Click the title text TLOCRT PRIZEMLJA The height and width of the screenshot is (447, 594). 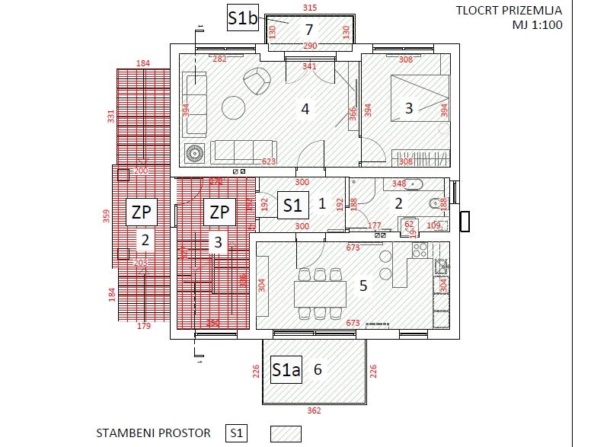click(509, 10)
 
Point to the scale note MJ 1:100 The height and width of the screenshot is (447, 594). click(537, 24)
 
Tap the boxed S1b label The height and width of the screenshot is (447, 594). click(242, 18)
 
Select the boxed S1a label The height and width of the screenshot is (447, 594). click(286, 370)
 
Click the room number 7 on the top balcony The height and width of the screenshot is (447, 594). click(308, 30)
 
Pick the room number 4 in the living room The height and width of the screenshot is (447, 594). click(305, 109)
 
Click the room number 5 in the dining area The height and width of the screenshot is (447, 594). click(363, 286)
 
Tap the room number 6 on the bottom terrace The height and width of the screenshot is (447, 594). click(318, 369)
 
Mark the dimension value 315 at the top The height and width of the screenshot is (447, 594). click(309, 8)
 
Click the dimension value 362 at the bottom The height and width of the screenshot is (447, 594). click(315, 411)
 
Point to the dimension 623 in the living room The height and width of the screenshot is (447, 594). click(269, 161)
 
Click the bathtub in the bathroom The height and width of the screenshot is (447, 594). click(415, 184)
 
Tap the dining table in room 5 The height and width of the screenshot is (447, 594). click(320, 292)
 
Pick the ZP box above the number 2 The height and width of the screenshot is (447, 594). click(142, 212)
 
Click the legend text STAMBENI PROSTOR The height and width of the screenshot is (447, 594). click(153, 433)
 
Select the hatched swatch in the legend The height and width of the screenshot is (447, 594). click(286, 433)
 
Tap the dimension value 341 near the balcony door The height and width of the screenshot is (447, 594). click(308, 67)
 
